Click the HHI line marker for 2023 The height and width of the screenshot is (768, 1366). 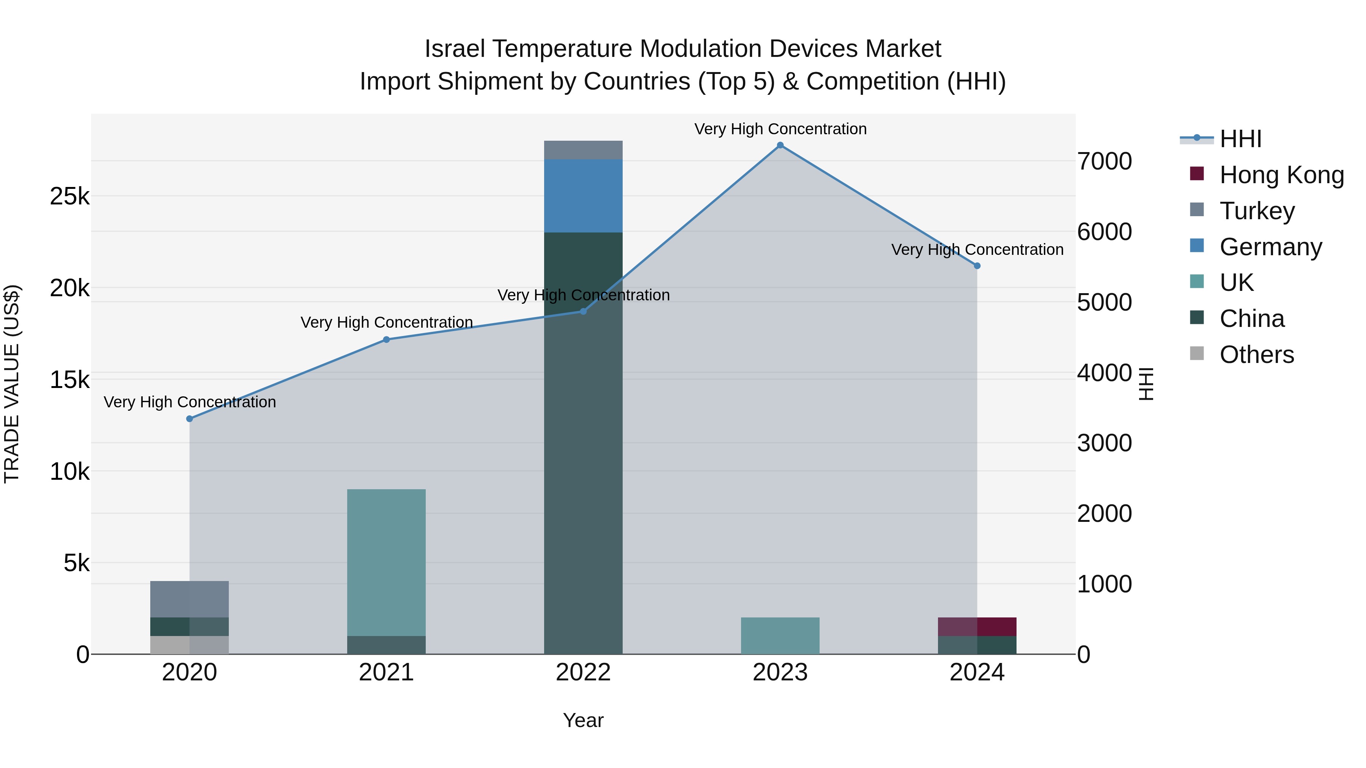click(780, 145)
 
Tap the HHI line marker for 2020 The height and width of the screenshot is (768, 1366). click(189, 419)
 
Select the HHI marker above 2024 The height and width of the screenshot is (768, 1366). click(977, 266)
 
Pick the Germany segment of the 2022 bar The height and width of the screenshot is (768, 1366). click(583, 196)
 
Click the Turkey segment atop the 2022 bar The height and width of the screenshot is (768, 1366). click(583, 150)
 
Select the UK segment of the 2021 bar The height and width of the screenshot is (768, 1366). click(386, 562)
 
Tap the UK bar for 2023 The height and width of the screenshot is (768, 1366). click(780, 636)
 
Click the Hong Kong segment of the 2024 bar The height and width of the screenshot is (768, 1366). click(977, 627)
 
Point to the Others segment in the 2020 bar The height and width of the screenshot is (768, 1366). click(189, 645)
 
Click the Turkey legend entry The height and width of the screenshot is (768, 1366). click(1257, 211)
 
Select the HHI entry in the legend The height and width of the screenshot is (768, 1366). click(1240, 139)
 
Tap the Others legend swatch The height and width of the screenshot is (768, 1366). click(1197, 353)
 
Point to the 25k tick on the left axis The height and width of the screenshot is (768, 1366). click(69, 196)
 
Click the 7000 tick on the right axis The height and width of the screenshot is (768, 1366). click(1105, 161)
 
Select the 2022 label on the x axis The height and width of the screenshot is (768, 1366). click(583, 672)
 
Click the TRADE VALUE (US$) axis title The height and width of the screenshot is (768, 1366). click(12, 384)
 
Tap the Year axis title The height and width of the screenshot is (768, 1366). click(583, 720)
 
